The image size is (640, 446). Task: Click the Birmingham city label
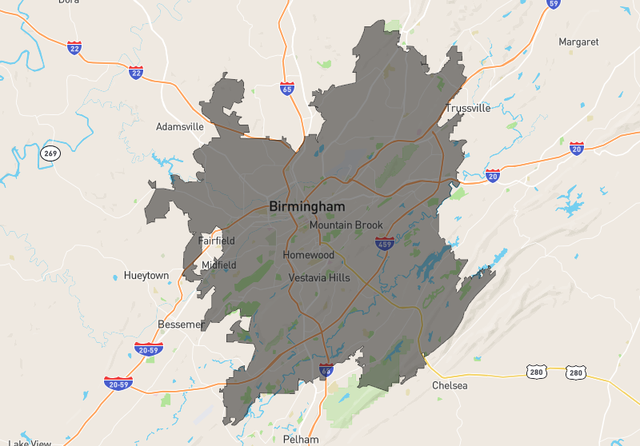click(307, 207)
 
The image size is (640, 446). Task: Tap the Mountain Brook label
click(346, 225)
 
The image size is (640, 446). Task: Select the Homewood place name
click(308, 255)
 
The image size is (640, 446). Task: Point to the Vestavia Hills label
click(319, 278)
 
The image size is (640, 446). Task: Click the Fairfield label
click(217, 241)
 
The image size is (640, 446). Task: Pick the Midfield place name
click(218, 265)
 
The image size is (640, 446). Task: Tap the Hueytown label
click(146, 276)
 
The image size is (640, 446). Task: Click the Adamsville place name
click(180, 127)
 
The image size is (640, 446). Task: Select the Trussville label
click(468, 109)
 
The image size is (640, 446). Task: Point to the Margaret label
click(578, 42)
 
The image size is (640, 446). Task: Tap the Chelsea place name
click(450, 386)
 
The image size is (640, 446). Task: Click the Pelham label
click(301, 440)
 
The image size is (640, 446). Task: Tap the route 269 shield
click(51, 153)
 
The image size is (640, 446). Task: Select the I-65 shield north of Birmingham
click(287, 88)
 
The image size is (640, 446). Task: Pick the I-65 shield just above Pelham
click(326, 370)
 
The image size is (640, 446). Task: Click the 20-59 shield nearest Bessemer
click(149, 348)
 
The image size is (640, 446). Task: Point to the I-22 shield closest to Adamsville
click(136, 73)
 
